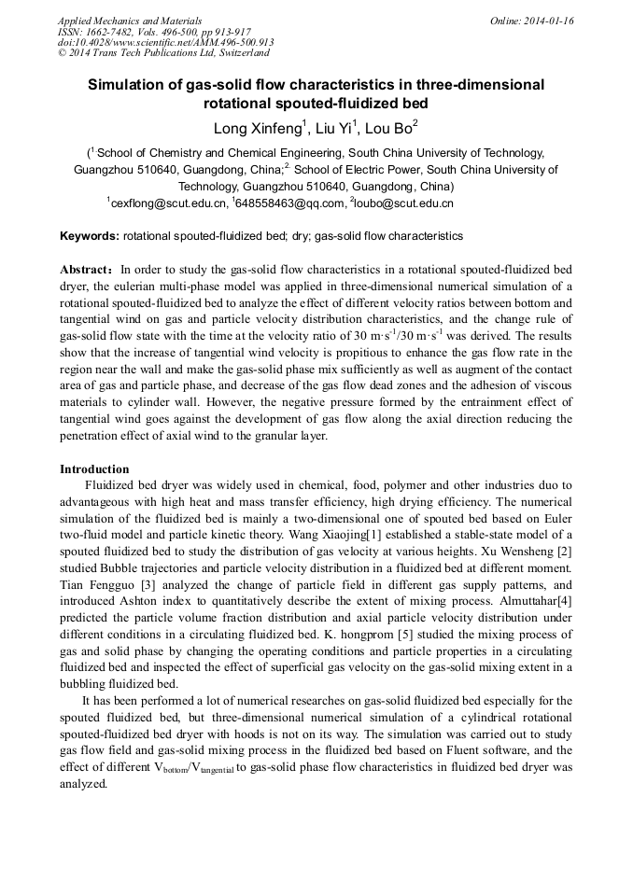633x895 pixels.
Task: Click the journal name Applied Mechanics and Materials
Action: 129,21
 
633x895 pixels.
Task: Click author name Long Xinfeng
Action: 256,127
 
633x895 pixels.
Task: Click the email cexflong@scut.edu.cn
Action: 169,203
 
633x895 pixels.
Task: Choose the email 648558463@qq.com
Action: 288,203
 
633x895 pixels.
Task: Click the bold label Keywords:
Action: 90,236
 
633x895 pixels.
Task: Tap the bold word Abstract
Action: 86,268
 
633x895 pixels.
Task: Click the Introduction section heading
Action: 94,468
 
